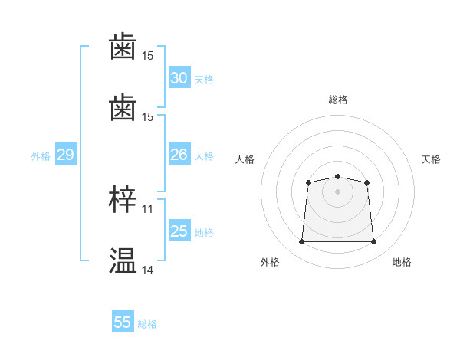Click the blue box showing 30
pyautogui.click(x=179, y=77)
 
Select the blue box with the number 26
pyautogui.click(x=179, y=154)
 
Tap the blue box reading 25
pyautogui.click(x=179, y=230)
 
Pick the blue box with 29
pyautogui.click(x=66, y=154)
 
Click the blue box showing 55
pyautogui.click(x=123, y=321)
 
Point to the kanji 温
pyautogui.click(x=123, y=260)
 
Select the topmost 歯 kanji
pyautogui.click(x=123, y=46)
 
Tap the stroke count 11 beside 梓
pyautogui.click(x=147, y=209)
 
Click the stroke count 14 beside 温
pyautogui.click(x=147, y=270)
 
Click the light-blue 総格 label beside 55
pyautogui.click(x=147, y=324)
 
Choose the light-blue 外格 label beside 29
pyautogui.click(x=41, y=156)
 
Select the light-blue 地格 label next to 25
pyautogui.click(x=204, y=233)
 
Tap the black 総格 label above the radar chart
pyautogui.click(x=338, y=100)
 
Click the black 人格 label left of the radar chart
pyautogui.click(x=245, y=159)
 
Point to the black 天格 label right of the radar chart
pyautogui.click(x=431, y=159)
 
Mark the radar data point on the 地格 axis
pyautogui.click(x=373, y=241)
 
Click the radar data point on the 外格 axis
pyautogui.click(x=301, y=241)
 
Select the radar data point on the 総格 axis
pyautogui.click(x=337, y=176)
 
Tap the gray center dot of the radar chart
pyautogui.click(x=337, y=191)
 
